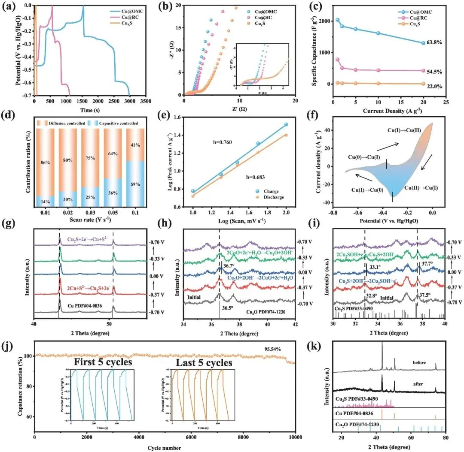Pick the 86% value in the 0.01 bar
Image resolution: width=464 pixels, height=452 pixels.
[x=45, y=163]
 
